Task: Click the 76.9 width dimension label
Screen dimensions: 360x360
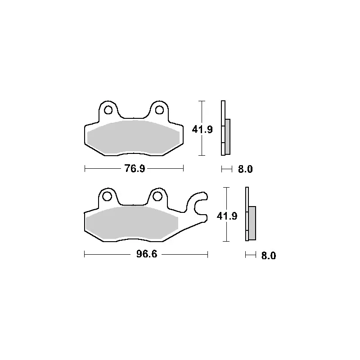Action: (135, 168)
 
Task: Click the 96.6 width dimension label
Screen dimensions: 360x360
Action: (147, 254)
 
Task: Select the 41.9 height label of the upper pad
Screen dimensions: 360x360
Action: (202, 130)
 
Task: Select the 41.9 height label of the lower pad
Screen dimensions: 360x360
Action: (227, 216)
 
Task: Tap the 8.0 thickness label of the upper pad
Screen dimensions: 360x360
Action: (245, 169)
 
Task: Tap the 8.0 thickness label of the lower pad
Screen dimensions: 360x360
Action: (268, 256)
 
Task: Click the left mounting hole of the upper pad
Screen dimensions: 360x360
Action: (108, 110)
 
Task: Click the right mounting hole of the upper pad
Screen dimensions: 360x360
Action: (159, 110)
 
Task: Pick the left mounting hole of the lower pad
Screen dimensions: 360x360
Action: (107, 197)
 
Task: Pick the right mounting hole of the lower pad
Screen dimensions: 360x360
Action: (157, 197)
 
